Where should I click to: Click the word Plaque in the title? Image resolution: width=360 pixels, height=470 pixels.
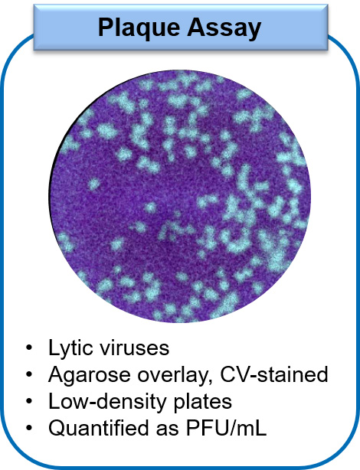(x=139, y=28)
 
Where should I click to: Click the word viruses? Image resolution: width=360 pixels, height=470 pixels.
(x=142, y=348)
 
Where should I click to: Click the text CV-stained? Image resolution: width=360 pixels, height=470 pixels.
(x=276, y=375)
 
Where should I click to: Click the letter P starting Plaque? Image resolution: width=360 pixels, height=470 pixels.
(x=104, y=28)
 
